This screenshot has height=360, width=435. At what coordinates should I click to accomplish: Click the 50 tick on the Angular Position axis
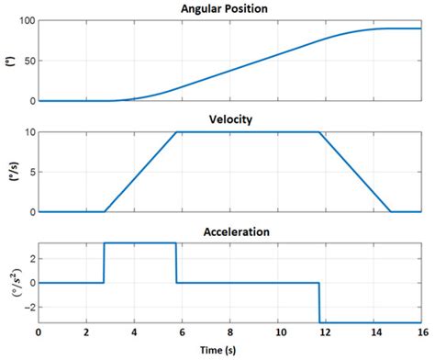pyautogui.click(x=28, y=61)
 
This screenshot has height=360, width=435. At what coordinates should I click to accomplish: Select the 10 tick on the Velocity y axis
pyautogui.click(x=28, y=132)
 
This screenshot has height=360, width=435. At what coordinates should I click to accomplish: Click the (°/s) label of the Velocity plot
pyautogui.click(x=9, y=172)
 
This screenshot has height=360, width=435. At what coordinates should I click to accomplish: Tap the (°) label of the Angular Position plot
pyautogui.click(x=9, y=61)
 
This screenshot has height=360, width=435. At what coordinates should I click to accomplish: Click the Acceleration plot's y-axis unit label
pyautogui.click(x=9, y=283)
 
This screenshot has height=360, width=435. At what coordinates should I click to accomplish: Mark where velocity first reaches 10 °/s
pyautogui.click(x=176, y=132)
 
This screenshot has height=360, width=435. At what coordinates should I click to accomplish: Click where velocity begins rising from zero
pyautogui.click(x=105, y=211)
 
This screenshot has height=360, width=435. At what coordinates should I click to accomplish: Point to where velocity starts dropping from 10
pyautogui.click(x=319, y=132)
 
